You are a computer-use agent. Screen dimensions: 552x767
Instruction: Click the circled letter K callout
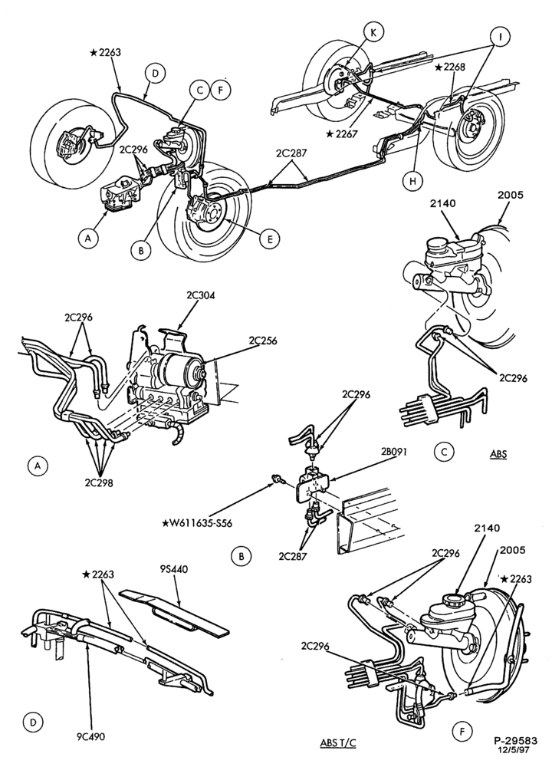pos(373,32)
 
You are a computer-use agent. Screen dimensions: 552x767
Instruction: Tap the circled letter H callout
pos(412,181)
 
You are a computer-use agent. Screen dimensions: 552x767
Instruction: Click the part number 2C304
pos(200,295)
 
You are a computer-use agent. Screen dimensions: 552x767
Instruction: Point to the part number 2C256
pos(262,341)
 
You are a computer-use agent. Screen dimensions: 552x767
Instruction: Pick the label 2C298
pos(99,482)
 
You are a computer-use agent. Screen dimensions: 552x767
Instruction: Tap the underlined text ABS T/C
pos(338,743)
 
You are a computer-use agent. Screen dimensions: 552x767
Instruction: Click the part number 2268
pos(451,67)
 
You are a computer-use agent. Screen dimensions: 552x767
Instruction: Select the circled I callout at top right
pos(501,37)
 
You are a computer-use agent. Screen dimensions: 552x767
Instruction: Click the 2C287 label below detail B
pos(293,556)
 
